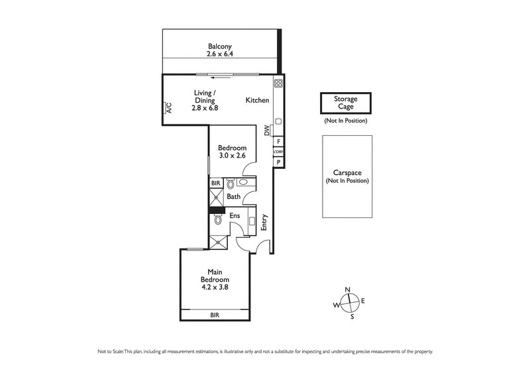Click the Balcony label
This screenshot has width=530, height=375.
[218, 46]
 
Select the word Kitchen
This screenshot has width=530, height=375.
[257, 100]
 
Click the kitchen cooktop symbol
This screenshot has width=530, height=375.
[279, 84]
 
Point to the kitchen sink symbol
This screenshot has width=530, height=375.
[279, 121]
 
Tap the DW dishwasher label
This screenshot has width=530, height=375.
[267, 131]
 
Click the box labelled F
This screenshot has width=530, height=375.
[279, 141]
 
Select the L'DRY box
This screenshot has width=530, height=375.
[279, 152]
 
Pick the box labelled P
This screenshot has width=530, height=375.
[279, 162]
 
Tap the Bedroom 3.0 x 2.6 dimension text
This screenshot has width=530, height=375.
[232, 156]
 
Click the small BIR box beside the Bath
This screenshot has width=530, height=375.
[215, 183]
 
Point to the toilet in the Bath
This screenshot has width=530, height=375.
[230, 185]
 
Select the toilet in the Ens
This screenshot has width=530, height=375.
[218, 221]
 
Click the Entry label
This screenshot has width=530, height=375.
[264, 222]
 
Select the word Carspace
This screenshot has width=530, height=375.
[347, 172]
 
